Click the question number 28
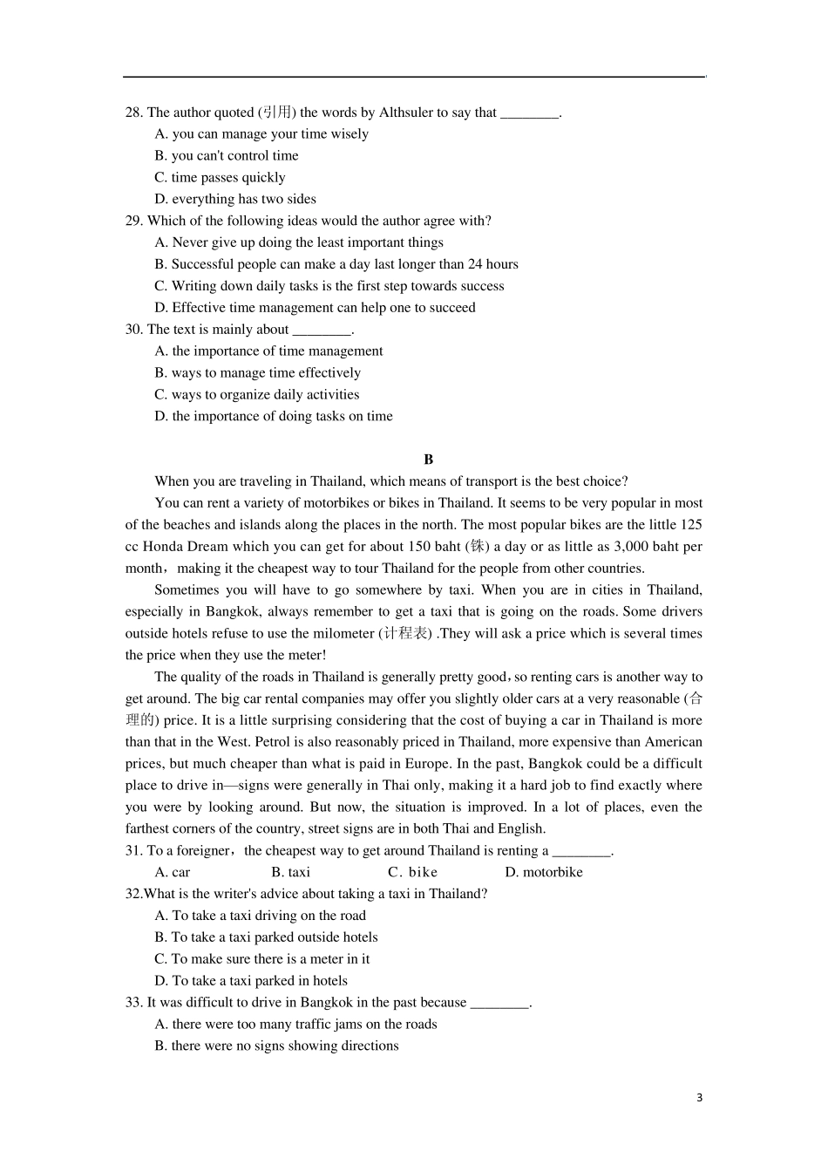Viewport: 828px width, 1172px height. click(133, 112)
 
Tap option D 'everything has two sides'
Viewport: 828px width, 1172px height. click(235, 199)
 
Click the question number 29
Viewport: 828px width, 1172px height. click(133, 221)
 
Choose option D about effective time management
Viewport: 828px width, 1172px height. click(315, 308)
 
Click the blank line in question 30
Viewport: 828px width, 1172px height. click(322, 330)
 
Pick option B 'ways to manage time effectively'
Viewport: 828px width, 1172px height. click(257, 373)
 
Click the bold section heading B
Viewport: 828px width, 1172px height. click(428, 460)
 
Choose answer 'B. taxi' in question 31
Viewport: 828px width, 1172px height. click(290, 872)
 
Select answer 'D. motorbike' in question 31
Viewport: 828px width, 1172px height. click(544, 872)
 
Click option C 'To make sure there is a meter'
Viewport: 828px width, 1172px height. click(261, 959)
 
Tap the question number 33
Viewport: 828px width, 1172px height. click(133, 1003)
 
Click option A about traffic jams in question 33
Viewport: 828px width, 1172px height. click(295, 1025)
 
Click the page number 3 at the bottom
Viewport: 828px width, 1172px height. click(699, 1098)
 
